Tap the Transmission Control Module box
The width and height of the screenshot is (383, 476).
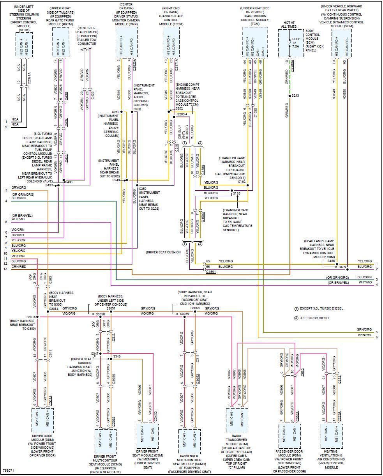point(255,42)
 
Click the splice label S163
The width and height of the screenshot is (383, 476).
point(237,193)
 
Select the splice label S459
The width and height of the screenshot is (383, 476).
point(342,267)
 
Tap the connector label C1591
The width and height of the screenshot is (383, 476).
point(211,271)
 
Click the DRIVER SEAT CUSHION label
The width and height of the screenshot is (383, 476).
point(163,252)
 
